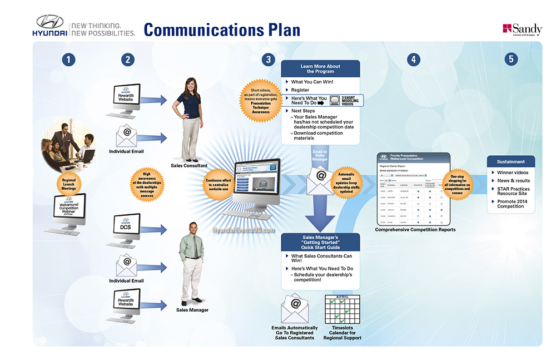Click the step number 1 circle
[68, 60]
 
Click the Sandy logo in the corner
[522, 29]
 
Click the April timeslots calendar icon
[342, 309]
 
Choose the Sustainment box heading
[511, 162]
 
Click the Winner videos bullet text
[513, 172]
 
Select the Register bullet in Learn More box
[300, 90]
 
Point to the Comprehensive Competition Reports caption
[415, 230]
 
